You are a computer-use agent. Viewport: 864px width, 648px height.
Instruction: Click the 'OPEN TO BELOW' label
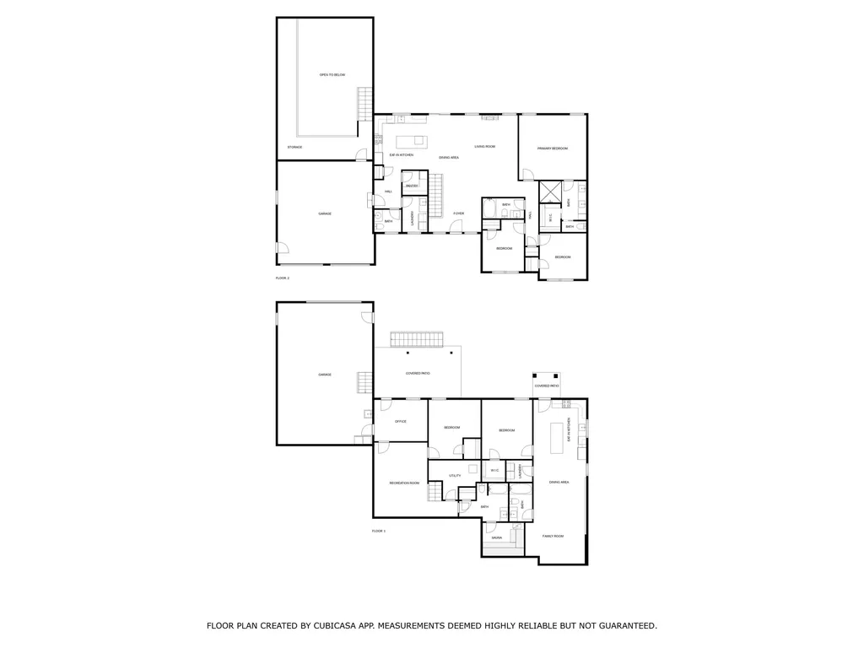[332, 75]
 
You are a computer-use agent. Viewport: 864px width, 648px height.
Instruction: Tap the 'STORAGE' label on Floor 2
[294, 147]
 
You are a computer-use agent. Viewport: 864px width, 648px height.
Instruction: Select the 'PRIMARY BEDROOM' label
[553, 148]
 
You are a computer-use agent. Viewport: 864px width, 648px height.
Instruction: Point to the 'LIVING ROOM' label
[484, 147]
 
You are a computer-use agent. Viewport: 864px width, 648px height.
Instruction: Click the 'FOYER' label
[459, 213]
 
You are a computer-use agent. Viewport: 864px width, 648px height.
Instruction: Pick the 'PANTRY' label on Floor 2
[412, 186]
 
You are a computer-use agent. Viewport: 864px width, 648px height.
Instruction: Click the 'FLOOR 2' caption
[283, 278]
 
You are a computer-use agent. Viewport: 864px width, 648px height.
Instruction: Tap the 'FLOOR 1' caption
[378, 531]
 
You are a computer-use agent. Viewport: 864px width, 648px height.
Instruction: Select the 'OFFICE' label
[400, 421]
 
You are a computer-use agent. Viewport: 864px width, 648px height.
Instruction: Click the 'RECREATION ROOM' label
[404, 483]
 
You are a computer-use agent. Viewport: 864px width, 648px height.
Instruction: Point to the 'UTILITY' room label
[455, 476]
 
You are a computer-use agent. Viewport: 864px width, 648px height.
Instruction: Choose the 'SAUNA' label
[496, 537]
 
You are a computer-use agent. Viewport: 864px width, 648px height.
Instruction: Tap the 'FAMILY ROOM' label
[553, 536]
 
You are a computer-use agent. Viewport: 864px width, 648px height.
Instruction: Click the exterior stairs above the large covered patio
[415, 339]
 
